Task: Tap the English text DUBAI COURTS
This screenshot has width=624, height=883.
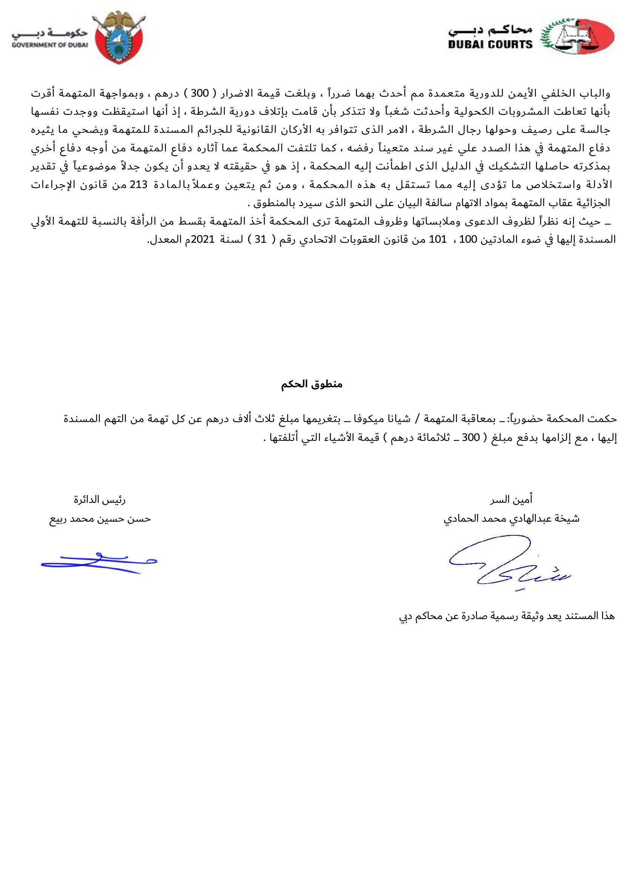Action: (x=490, y=45)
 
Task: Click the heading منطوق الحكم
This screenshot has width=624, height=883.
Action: (x=311, y=384)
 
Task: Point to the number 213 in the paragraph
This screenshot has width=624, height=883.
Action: (x=139, y=184)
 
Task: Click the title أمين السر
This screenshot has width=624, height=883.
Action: (x=511, y=499)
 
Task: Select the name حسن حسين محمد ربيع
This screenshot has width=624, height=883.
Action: (x=100, y=519)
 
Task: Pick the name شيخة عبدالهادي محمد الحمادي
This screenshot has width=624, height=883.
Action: (x=512, y=519)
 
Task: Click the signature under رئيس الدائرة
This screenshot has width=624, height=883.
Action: (x=99, y=562)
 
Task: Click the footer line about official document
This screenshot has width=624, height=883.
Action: (x=507, y=616)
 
